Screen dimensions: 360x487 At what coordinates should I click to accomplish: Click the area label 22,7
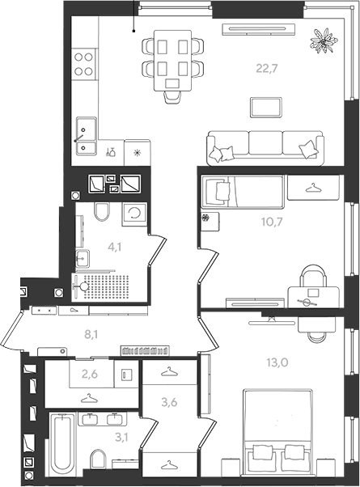(266, 68)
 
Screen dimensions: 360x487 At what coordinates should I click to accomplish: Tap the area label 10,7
(272, 222)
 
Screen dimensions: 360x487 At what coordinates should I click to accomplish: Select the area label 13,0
(277, 362)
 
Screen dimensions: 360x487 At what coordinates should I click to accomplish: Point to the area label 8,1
(91, 334)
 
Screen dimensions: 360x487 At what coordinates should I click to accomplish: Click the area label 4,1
(114, 248)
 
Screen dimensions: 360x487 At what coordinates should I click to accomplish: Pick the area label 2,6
(90, 375)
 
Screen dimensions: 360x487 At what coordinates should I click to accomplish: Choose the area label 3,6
(169, 402)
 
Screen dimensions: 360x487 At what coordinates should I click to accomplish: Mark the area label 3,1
(122, 438)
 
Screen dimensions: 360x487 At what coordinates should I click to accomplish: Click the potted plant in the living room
(324, 40)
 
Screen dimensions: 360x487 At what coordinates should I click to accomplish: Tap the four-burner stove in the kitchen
(84, 64)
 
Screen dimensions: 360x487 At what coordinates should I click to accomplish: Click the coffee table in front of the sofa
(266, 108)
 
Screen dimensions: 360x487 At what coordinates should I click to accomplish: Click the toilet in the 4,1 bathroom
(102, 211)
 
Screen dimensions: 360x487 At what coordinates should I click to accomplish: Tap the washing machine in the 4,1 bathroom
(134, 214)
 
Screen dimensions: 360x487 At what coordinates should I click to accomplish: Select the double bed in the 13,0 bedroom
(277, 431)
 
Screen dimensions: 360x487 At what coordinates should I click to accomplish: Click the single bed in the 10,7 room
(243, 192)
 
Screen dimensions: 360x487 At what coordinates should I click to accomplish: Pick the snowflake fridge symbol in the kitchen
(137, 153)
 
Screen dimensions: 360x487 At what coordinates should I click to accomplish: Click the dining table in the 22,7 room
(172, 61)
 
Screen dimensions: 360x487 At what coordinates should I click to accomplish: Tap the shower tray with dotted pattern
(103, 287)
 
